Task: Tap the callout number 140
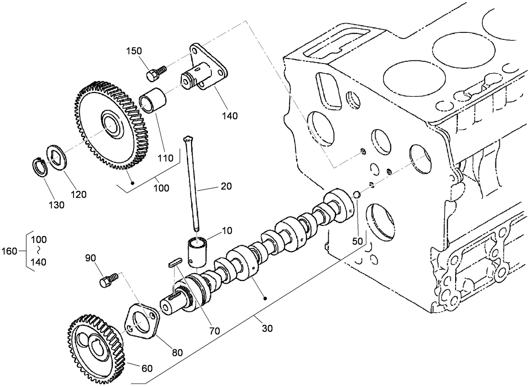tap(230, 116)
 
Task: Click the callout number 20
tap(226, 186)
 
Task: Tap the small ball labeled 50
tap(356, 194)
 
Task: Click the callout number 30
tap(267, 327)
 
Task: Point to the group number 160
tap(9, 251)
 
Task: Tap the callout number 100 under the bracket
tap(161, 188)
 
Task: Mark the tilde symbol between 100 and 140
tap(38, 251)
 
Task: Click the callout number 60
tap(147, 368)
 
